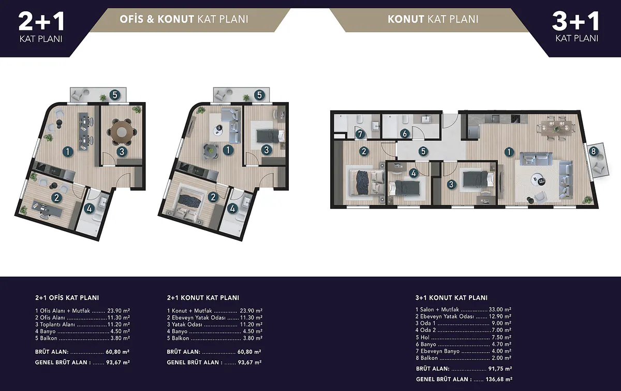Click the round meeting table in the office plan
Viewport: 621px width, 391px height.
(x=122, y=132)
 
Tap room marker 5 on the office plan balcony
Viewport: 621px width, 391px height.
(x=115, y=95)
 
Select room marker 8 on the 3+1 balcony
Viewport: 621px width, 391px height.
(x=593, y=151)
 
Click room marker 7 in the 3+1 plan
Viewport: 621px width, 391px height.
(x=360, y=134)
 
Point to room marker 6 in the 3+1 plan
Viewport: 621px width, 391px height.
(x=405, y=134)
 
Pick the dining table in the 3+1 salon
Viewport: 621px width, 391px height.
(x=557, y=128)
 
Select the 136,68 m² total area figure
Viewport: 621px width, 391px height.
(x=499, y=379)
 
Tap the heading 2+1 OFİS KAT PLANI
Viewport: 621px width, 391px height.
(x=67, y=298)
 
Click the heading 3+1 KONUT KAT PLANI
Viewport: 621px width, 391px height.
(x=451, y=298)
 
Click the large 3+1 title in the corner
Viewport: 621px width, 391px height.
(x=576, y=22)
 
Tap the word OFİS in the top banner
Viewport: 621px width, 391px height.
(x=131, y=19)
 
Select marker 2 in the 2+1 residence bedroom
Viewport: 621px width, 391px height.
(x=213, y=197)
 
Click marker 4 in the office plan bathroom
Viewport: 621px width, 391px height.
(x=89, y=208)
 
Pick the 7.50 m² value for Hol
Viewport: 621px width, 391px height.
(x=501, y=337)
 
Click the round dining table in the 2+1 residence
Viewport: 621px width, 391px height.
(x=211, y=151)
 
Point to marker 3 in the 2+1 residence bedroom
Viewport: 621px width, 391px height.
(x=267, y=150)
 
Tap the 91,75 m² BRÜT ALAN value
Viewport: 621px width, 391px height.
(x=500, y=369)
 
